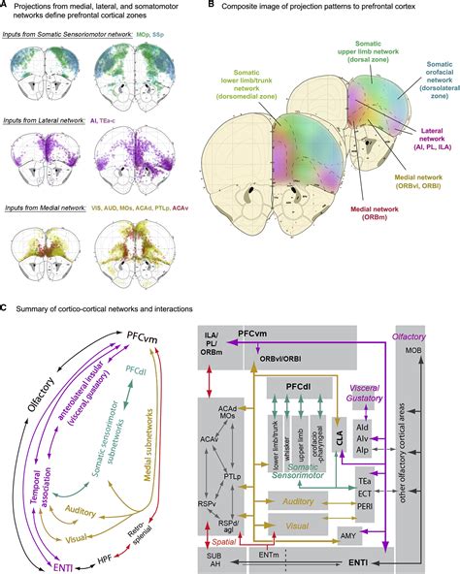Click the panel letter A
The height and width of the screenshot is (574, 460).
click(5, 7)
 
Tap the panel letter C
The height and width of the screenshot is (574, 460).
click(5, 308)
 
